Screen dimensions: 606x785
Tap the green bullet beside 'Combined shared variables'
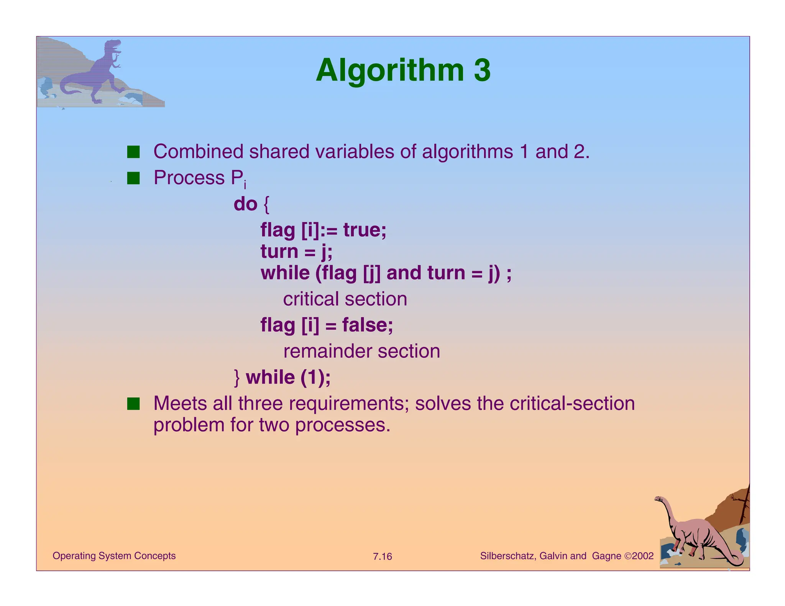[133, 152]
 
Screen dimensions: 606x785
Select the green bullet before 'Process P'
[133, 178]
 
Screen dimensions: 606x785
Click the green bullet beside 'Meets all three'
[133, 404]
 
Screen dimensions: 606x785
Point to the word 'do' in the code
[245, 204]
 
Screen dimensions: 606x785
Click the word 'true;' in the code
[365, 230]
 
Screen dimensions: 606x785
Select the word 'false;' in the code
[367, 325]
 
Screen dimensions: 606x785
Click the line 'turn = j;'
[296, 252]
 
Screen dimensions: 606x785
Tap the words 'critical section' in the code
[345, 299]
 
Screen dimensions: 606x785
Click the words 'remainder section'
[361, 351]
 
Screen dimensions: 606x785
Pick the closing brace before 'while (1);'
[237, 378]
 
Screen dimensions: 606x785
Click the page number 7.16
[382, 557]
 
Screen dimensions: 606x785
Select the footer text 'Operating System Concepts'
[114, 556]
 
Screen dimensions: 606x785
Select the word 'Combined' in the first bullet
[198, 152]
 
